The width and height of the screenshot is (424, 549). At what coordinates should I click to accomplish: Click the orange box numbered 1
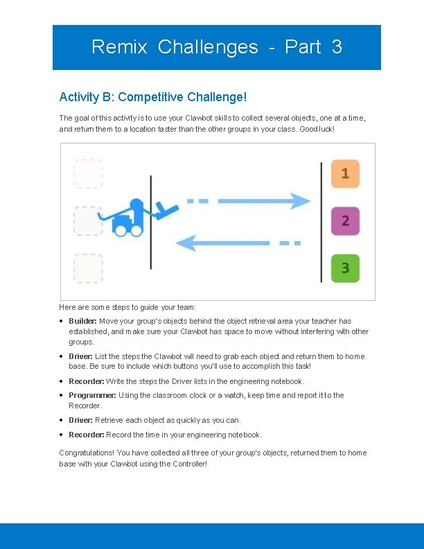(x=345, y=173)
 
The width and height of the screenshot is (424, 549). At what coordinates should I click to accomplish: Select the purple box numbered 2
(x=345, y=221)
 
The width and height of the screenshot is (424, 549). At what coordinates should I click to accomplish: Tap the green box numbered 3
(x=345, y=268)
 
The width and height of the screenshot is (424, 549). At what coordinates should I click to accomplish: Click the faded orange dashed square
(x=88, y=173)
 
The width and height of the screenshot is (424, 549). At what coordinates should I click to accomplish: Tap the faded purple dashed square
(x=88, y=221)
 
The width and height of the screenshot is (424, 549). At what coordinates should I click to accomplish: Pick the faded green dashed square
(x=88, y=268)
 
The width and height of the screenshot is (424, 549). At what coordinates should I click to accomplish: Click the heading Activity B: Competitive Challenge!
(x=153, y=97)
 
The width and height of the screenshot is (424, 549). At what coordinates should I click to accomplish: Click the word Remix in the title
(x=119, y=47)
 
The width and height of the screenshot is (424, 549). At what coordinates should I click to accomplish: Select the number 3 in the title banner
(x=337, y=47)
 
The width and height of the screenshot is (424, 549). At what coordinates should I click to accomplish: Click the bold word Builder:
(x=82, y=321)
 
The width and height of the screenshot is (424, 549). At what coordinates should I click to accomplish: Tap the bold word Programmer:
(x=93, y=395)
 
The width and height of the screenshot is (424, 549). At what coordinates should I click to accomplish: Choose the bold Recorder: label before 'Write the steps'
(x=87, y=381)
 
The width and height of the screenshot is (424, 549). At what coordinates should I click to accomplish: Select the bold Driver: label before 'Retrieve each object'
(x=80, y=420)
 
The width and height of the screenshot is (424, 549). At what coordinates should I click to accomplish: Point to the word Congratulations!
(x=87, y=453)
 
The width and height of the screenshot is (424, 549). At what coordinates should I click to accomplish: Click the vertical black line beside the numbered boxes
(x=321, y=222)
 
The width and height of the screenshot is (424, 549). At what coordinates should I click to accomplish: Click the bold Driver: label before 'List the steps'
(x=80, y=356)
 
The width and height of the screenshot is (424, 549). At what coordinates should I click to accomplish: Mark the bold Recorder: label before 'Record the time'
(x=87, y=435)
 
